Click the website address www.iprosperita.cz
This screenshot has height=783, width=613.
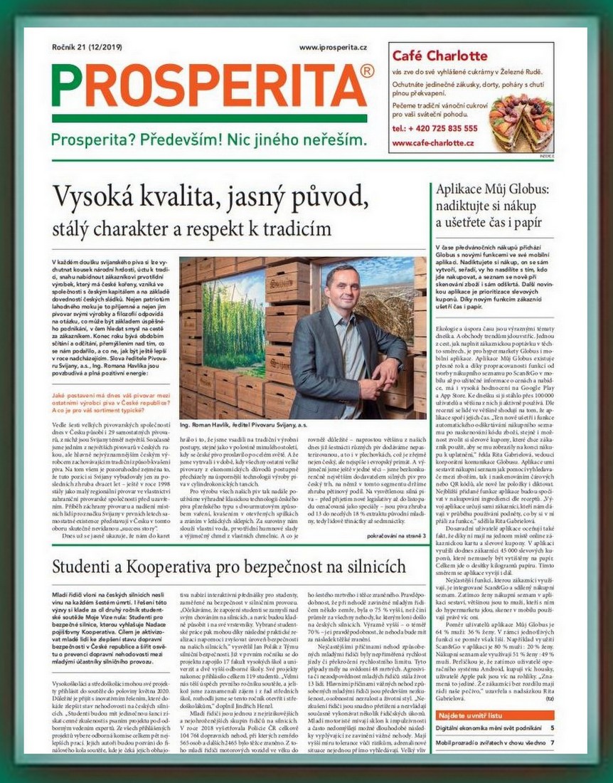click(333, 47)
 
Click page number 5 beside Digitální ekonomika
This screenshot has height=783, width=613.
click(552, 728)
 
